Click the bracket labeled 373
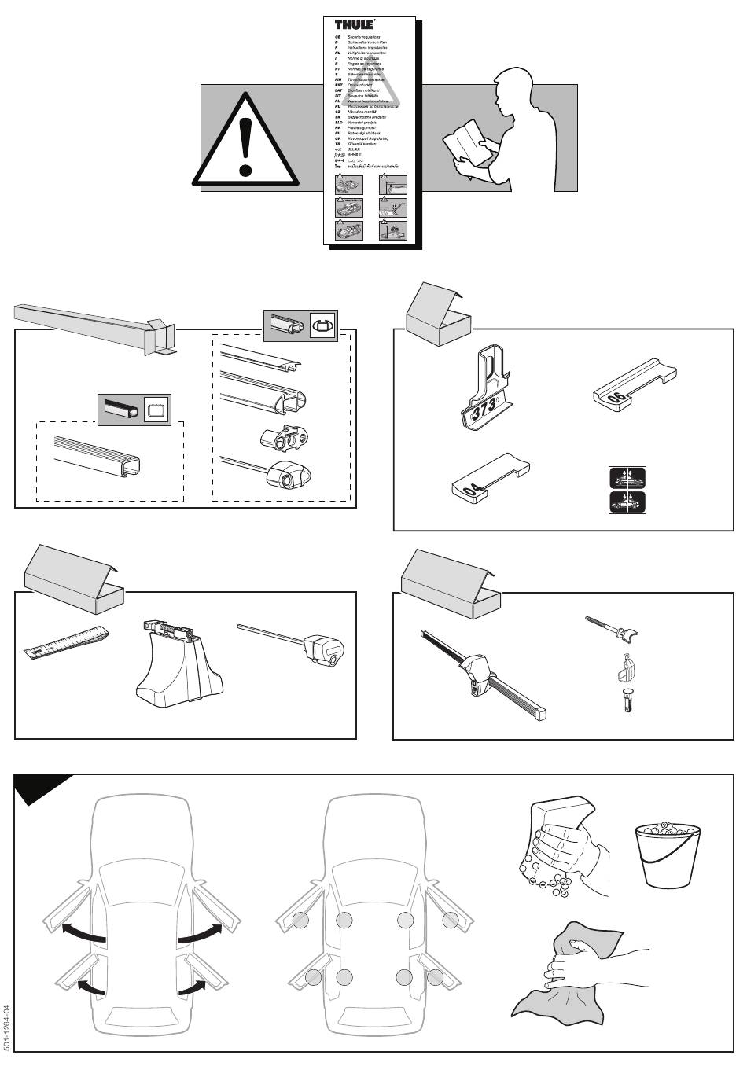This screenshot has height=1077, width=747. click(x=483, y=393)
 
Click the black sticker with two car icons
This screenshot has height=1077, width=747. click(x=627, y=491)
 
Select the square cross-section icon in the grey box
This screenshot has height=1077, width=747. click(x=154, y=410)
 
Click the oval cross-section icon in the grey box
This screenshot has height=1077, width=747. click(x=322, y=324)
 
